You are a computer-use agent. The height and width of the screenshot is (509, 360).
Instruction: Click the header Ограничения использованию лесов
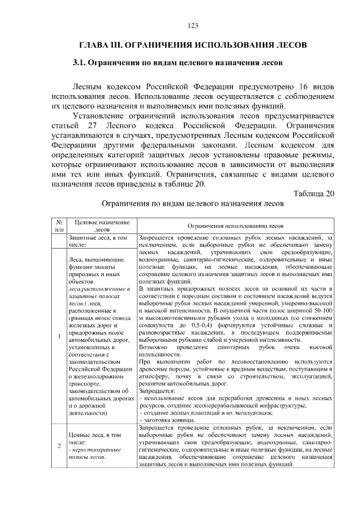click(235, 226)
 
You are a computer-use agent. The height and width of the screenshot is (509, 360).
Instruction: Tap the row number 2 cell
click(58, 446)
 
